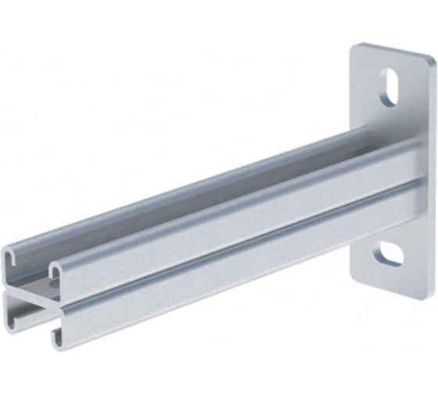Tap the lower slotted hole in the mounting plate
[389, 255]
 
